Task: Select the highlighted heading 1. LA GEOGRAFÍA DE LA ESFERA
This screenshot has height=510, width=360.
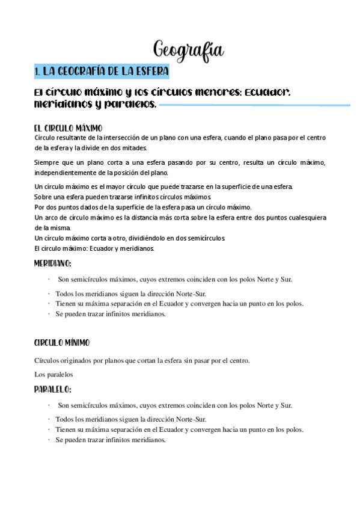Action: click(102, 72)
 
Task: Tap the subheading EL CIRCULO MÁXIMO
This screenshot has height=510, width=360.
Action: click(69, 128)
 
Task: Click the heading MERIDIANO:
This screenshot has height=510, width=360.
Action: click(53, 263)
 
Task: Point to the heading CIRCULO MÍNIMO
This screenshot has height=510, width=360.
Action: click(62, 342)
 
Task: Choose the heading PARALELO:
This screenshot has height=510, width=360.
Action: click(53, 389)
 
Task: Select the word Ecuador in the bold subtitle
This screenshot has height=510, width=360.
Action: click(268, 93)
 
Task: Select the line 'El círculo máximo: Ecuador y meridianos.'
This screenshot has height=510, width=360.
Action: click(94, 248)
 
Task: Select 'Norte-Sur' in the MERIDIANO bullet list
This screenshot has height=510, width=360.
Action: click(191, 293)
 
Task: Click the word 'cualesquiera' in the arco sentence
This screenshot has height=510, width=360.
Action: click(304, 217)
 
